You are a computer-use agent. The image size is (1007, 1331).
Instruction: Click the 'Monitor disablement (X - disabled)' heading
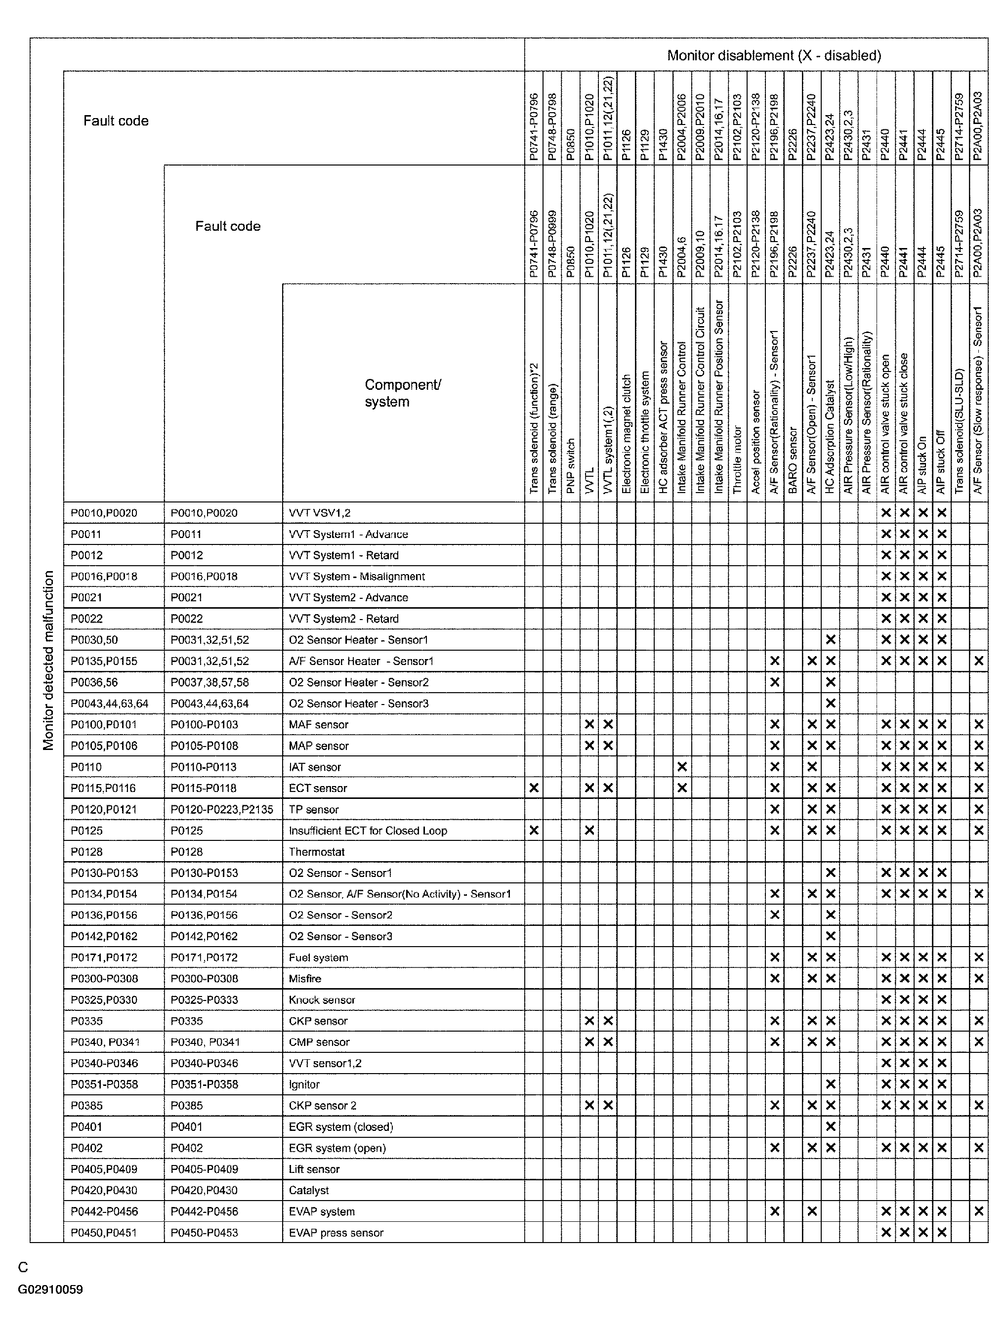(x=773, y=56)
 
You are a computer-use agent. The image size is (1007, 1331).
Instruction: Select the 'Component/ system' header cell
(x=403, y=393)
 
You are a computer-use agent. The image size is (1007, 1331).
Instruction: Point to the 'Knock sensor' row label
(x=322, y=999)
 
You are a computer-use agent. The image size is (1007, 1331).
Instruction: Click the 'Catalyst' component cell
(x=309, y=1190)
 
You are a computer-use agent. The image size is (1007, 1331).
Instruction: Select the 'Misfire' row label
(x=305, y=978)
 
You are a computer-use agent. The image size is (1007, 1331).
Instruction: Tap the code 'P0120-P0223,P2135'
(x=221, y=809)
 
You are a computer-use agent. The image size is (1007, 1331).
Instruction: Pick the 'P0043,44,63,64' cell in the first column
(x=109, y=704)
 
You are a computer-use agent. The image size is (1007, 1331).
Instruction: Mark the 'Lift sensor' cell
(x=314, y=1169)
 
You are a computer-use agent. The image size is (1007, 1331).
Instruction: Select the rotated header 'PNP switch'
(x=571, y=466)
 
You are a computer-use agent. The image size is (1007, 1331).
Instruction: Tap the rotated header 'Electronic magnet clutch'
(x=626, y=433)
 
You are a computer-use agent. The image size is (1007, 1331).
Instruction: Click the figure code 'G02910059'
(x=50, y=1289)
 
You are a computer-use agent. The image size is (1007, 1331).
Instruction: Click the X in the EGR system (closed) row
(x=831, y=1126)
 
